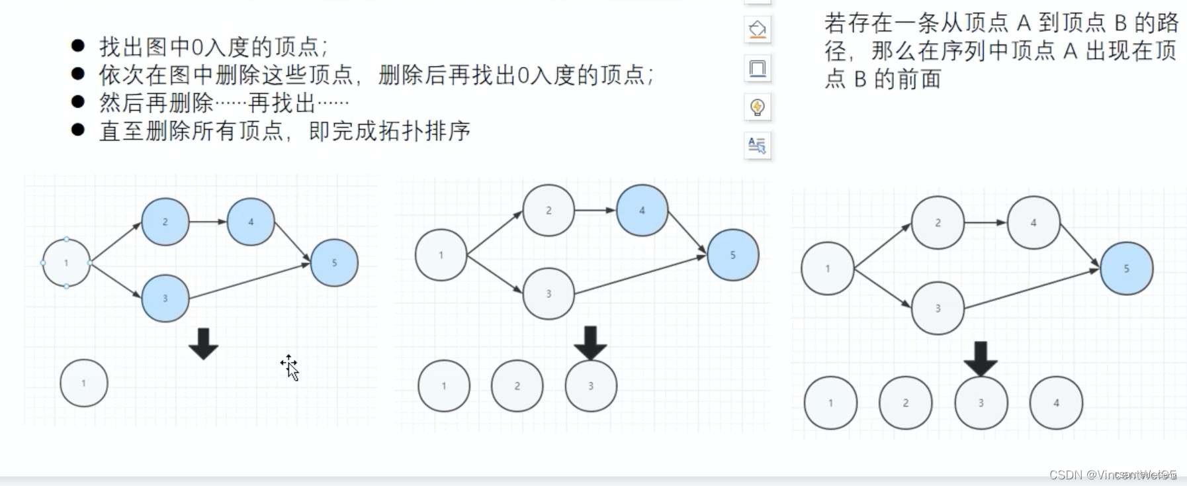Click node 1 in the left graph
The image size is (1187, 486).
point(66,263)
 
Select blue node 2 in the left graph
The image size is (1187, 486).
point(165,222)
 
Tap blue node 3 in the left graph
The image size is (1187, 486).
point(165,299)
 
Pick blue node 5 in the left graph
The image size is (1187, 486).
point(334,263)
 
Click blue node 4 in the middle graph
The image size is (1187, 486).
point(642,211)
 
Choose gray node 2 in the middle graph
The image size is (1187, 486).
point(549,211)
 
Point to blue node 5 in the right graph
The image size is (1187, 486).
point(1126,268)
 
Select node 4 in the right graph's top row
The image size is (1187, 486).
point(1033,223)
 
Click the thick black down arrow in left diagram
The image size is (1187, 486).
point(203,343)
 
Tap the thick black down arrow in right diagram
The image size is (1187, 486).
point(981,358)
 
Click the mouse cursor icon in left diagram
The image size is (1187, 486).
point(290,367)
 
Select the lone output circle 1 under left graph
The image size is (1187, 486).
point(84,383)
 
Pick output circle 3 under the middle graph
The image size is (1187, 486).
point(591,386)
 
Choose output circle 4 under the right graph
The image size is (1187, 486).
point(1056,403)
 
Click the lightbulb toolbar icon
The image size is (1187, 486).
point(758,107)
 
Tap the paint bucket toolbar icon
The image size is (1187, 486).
point(758,29)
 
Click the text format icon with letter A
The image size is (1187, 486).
point(758,145)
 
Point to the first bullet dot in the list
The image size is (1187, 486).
point(78,46)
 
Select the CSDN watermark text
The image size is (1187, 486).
point(1112,474)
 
